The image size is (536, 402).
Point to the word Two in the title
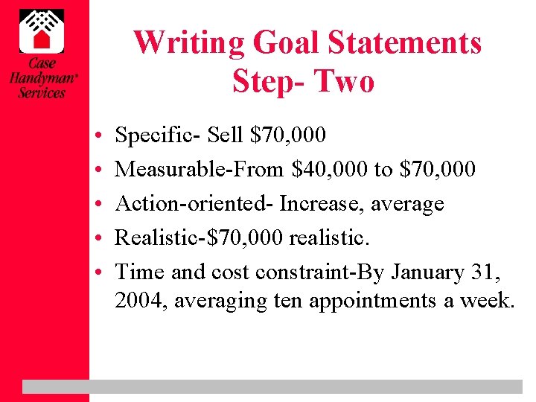(343, 80)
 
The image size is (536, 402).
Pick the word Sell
(226, 135)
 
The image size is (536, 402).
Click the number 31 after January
(489, 272)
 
